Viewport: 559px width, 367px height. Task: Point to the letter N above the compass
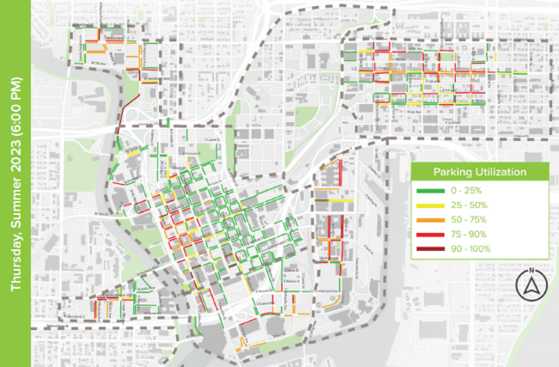coord(532,269)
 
